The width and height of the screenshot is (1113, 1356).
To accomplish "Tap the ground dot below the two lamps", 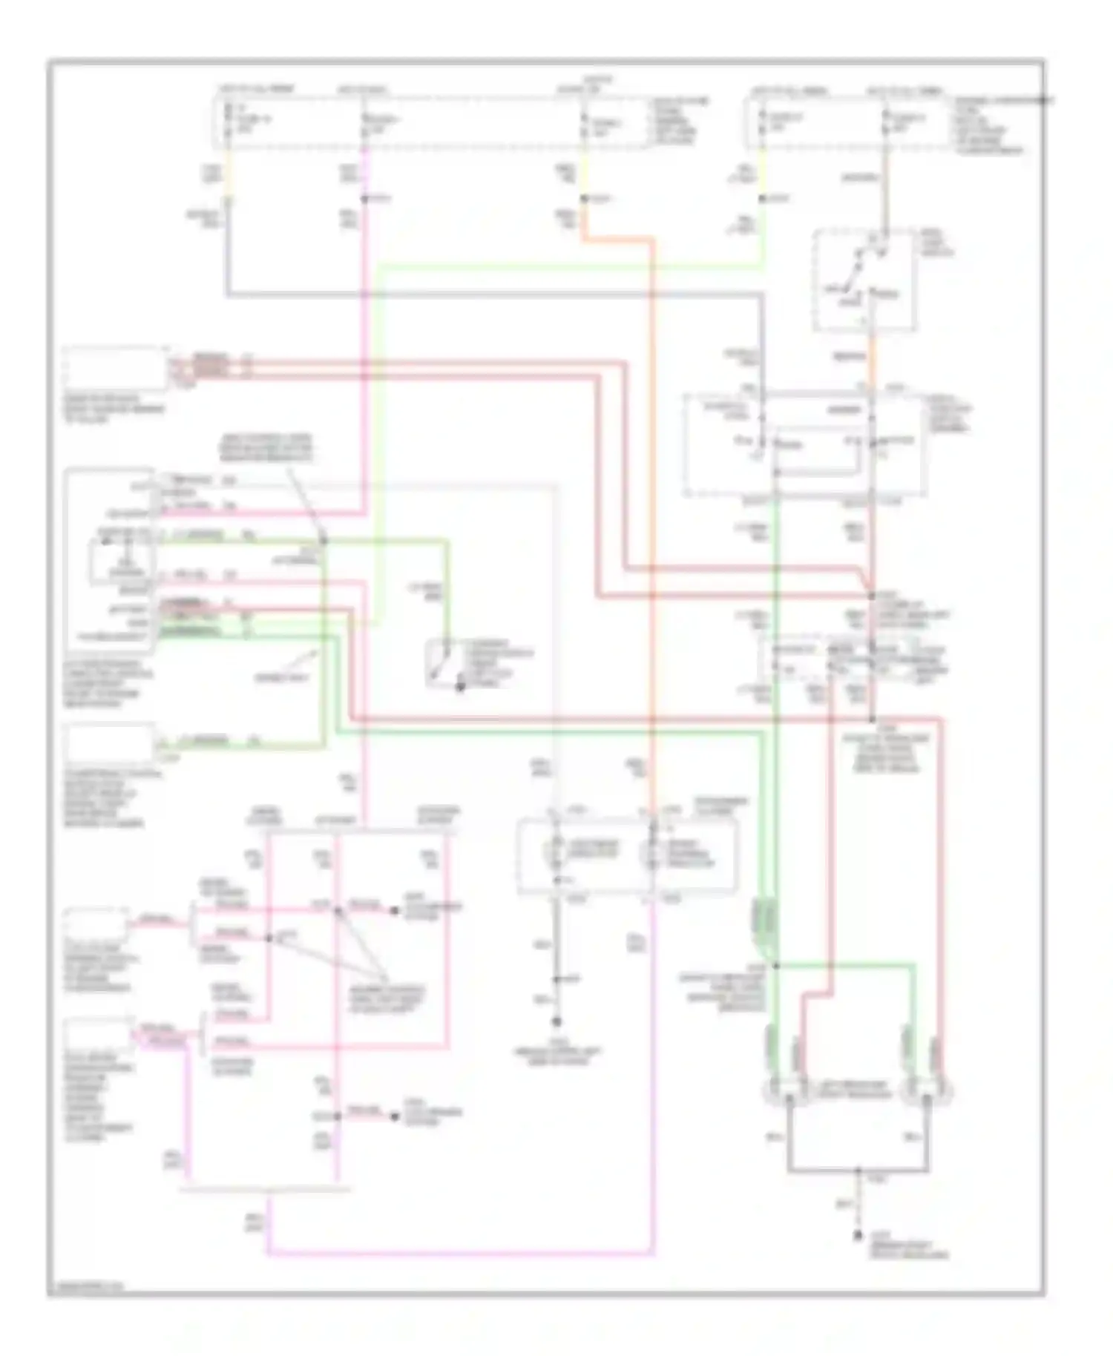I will click(858, 1235).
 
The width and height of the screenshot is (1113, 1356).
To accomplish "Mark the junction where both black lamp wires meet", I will click(858, 1171).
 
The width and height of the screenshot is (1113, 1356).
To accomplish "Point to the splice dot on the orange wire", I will click(584, 199).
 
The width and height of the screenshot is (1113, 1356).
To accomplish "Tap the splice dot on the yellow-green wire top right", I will click(762, 199).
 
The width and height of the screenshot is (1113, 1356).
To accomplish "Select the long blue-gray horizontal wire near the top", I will click(490, 295).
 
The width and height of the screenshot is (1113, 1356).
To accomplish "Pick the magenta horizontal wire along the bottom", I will click(460, 1254).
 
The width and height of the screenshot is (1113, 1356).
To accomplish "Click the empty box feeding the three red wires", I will click(115, 368).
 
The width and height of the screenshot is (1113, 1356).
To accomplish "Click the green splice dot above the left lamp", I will click(775, 965).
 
